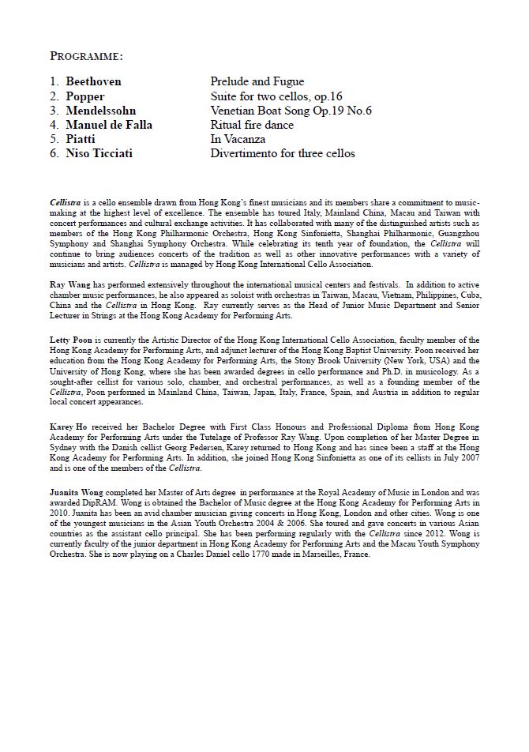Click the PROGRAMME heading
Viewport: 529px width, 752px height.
click(87, 56)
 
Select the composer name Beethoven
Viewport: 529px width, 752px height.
click(93, 81)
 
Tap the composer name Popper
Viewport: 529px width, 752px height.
click(85, 96)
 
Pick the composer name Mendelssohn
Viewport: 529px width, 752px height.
click(101, 111)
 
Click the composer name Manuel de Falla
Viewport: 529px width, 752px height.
click(109, 125)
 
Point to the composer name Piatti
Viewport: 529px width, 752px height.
click(82, 139)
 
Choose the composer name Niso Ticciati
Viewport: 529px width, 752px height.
click(99, 153)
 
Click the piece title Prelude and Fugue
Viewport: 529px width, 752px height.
click(257, 81)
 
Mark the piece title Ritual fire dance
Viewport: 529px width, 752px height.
click(252, 125)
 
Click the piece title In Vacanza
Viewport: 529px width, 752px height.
click(238, 139)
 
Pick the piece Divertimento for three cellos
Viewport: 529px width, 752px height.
click(283, 153)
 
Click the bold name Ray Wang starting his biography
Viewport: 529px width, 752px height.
click(67, 284)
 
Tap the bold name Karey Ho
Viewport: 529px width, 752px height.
click(67, 426)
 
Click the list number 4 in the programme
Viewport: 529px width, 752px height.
click(54, 125)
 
